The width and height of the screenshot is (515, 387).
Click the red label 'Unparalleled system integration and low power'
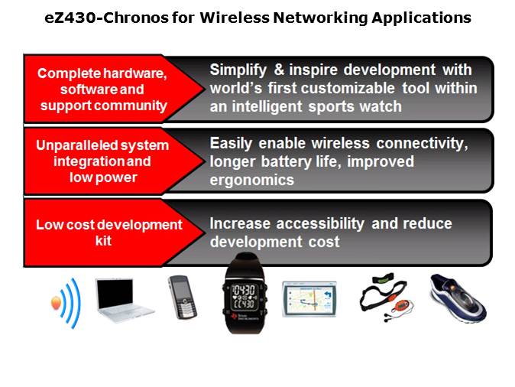[x=102, y=161]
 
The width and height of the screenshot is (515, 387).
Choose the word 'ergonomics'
[x=251, y=180]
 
